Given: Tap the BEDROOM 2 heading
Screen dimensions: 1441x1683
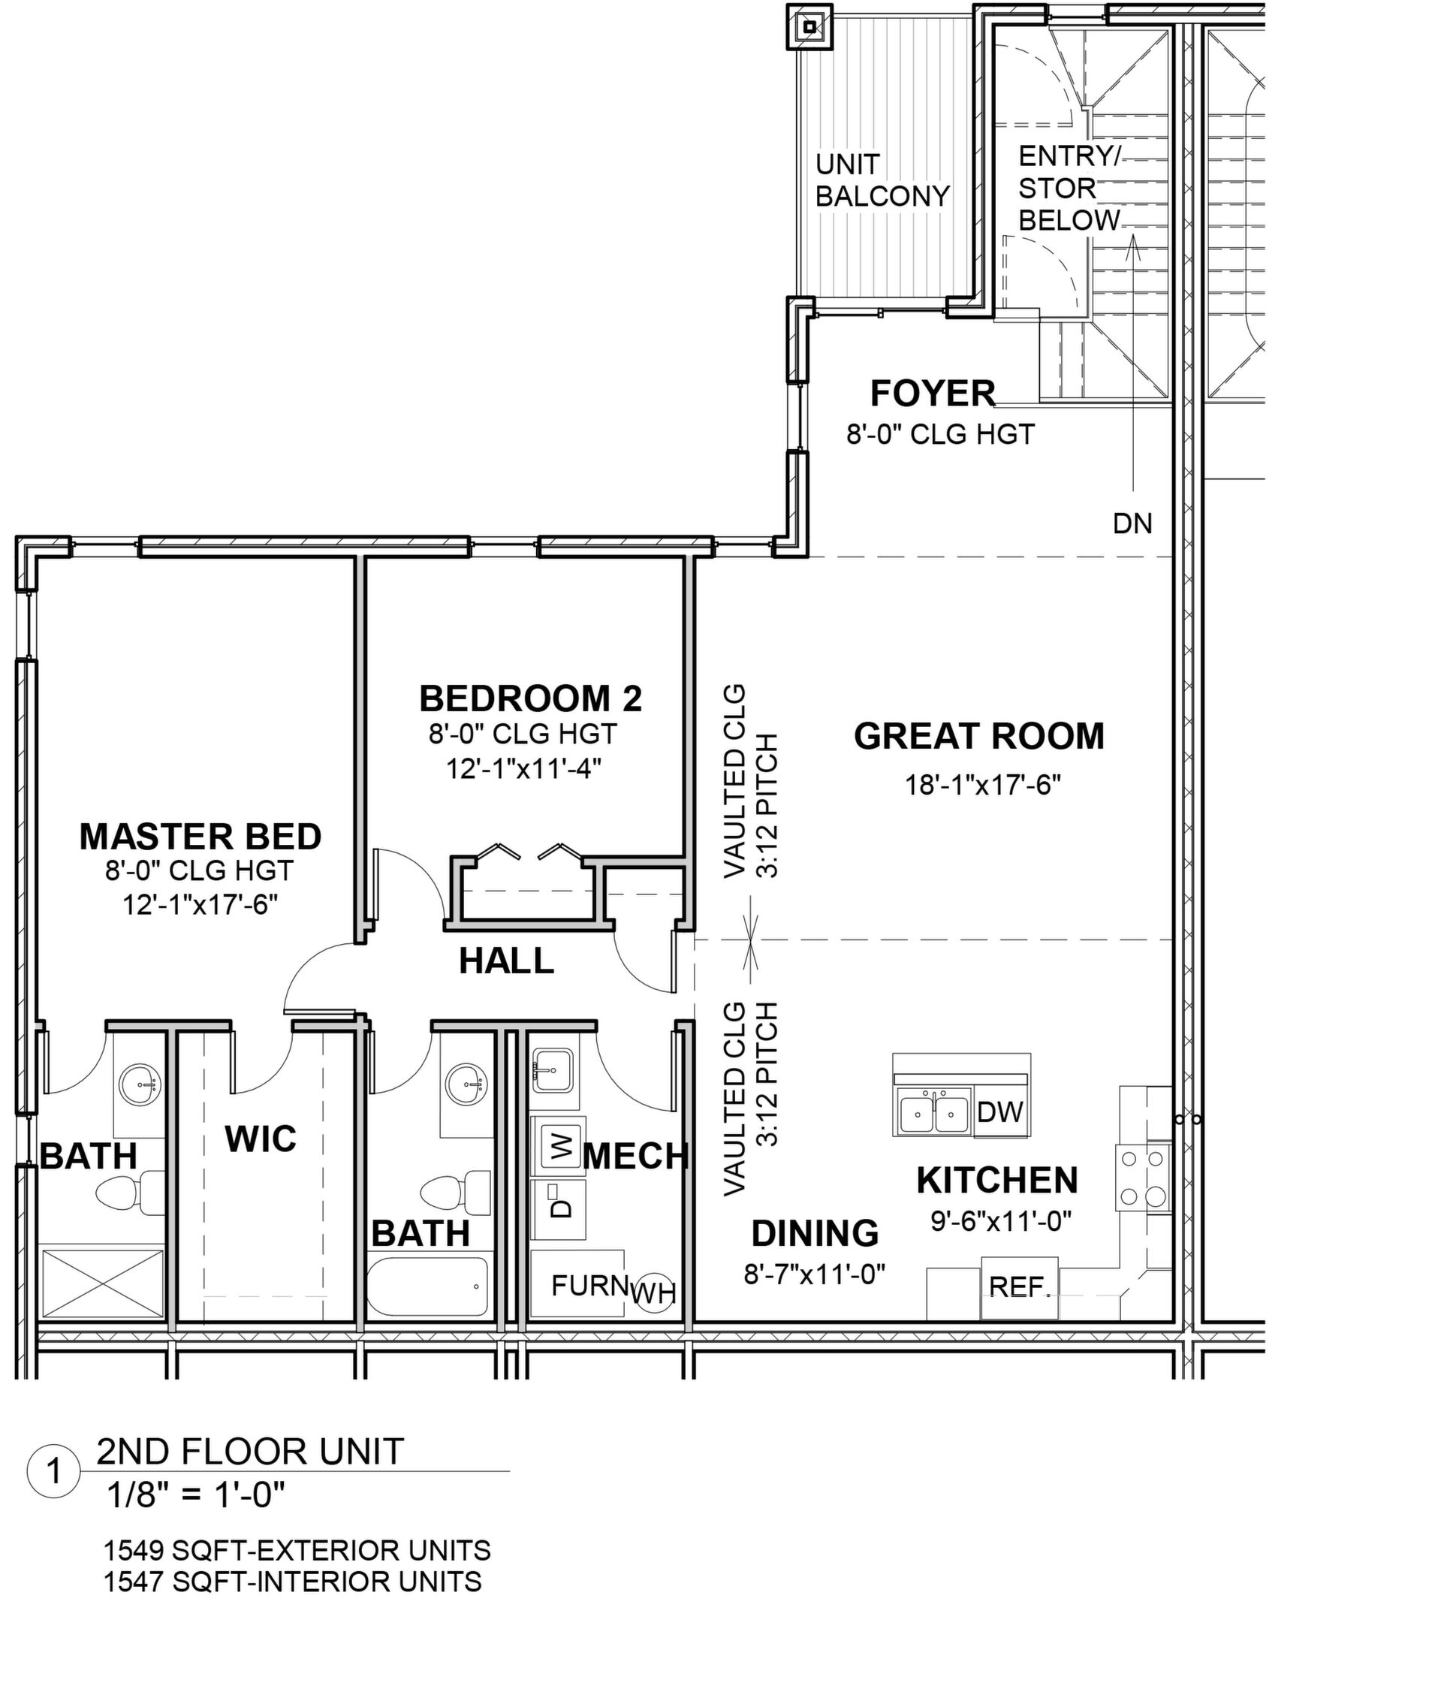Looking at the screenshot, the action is point(530,698).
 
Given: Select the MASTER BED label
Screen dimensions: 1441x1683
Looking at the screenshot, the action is point(200,837).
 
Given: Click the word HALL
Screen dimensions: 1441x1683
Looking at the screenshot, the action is point(506,961).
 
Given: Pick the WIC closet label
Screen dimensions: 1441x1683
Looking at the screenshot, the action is point(261,1139).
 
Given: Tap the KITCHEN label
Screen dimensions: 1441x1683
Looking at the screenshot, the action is point(997,1181).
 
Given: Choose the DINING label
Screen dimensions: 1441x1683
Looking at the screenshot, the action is point(815,1233).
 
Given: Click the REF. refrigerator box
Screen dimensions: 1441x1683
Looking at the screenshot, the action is point(1020,1287).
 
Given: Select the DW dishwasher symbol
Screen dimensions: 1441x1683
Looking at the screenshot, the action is point(1001,1112).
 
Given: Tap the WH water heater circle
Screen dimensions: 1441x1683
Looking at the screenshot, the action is point(654,1292).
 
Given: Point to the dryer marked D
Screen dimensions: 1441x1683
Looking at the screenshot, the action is point(558,1208).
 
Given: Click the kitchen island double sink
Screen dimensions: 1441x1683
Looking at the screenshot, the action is point(934,1112).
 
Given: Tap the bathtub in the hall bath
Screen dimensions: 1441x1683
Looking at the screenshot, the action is point(427,1286).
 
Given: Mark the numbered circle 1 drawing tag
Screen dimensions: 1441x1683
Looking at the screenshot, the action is point(53,1471).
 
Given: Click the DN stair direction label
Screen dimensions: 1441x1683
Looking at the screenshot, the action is point(1132,524).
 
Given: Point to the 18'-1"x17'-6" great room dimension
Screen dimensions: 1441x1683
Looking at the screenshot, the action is point(983,786).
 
